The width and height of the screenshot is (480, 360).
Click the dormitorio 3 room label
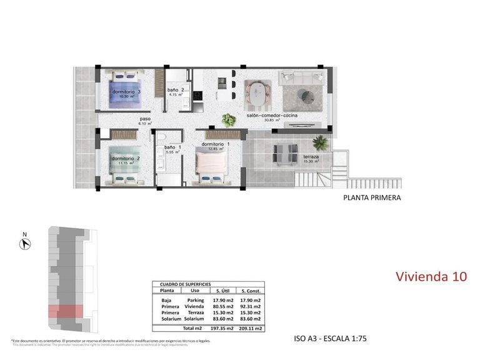(x=126, y=92)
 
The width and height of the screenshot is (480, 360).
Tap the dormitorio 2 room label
(x=126, y=158)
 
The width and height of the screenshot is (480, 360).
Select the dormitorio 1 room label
(x=216, y=144)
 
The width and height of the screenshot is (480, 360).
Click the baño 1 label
(x=172, y=148)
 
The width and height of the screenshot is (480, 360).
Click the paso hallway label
(x=145, y=119)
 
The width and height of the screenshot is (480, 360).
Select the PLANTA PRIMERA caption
(x=372, y=198)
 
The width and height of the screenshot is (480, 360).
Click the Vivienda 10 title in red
(x=431, y=276)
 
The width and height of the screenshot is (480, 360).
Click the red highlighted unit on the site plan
(x=66, y=311)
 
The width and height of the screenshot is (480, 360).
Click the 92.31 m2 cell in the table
(x=250, y=307)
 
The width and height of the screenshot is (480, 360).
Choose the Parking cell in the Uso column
(x=195, y=299)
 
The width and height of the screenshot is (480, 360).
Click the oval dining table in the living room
(x=256, y=94)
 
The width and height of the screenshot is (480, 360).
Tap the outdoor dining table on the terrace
(x=285, y=151)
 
